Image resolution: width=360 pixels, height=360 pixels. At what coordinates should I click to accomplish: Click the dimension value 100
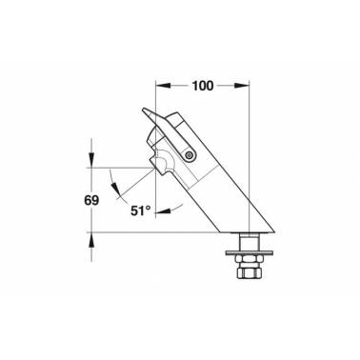pyautogui.click(x=203, y=86)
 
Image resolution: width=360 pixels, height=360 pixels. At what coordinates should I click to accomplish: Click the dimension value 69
pyautogui.click(x=91, y=200)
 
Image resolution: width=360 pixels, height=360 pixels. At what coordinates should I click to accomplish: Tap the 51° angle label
pyautogui.click(x=141, y=210)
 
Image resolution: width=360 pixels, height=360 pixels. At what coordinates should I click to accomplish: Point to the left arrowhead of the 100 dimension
pyautogui.click(x=163, y=86)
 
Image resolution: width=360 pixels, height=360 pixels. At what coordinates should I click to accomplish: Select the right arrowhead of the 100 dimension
pyautogui.click(x=242, y=86)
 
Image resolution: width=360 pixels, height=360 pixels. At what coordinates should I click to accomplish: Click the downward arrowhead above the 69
pyautogui.click(x=91, y=160)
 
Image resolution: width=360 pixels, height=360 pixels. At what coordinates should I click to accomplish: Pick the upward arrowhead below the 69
pyautogui.click(x=91, y=240)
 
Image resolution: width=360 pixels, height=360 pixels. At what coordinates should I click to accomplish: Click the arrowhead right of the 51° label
pyautogui.click(x=163, y=210)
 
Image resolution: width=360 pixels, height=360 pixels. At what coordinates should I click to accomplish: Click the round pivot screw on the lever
pyautogui.click(x=190, y=155)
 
